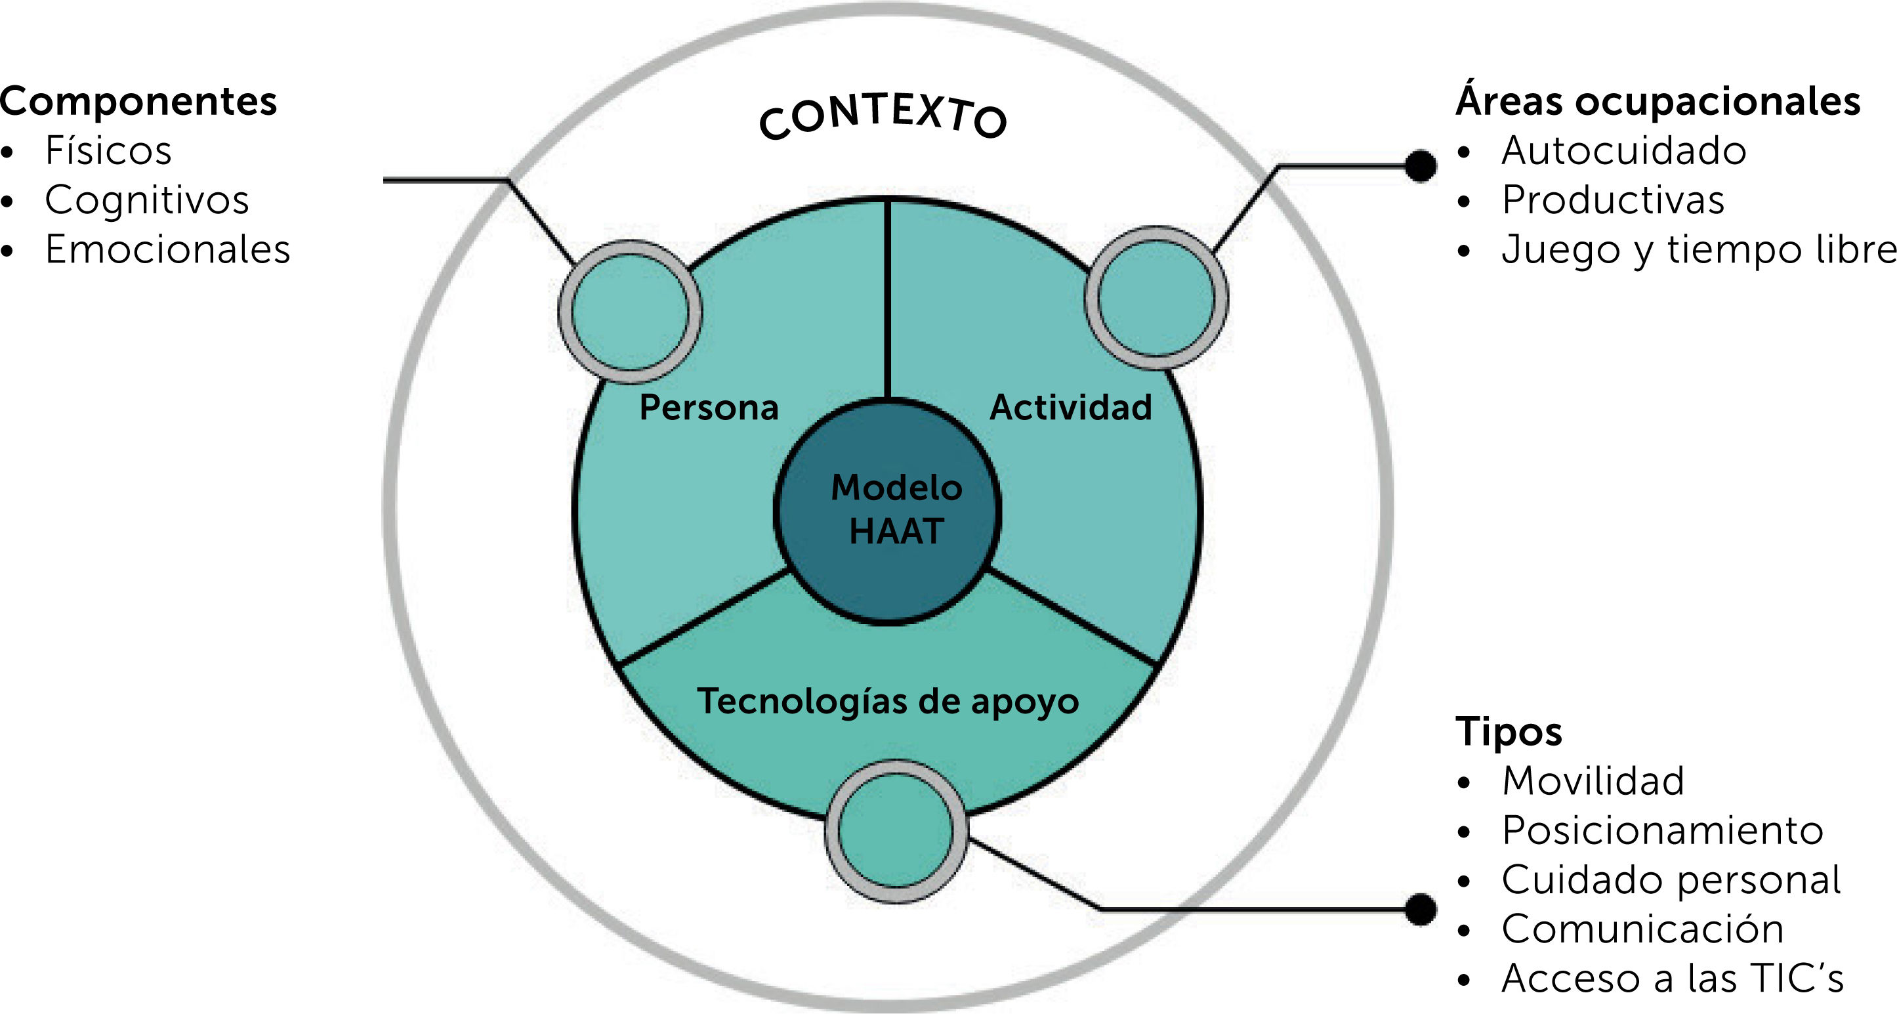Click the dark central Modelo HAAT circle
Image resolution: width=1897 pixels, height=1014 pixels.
click(887, 511)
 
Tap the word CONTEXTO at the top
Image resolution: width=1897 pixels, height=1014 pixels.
click(883, 118)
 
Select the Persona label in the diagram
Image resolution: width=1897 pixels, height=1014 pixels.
click(709, 407)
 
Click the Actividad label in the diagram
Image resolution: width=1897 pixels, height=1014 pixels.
click(1071, 407)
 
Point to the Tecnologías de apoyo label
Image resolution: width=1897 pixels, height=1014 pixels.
click(887, 701)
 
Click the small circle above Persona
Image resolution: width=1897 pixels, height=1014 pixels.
click(630, 312)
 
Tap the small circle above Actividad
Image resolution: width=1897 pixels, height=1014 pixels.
click(1156, 297)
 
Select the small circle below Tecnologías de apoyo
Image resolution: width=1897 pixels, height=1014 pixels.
click(896, 832)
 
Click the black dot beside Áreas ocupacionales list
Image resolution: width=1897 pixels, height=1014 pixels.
click(1421, 165)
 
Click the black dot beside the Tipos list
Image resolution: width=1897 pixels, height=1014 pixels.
click(1421, 909)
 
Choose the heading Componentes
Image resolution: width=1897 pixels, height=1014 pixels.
click(138, 101)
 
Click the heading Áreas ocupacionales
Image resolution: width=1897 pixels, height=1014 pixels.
click(1657, 101)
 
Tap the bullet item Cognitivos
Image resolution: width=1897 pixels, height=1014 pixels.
click(146, 200)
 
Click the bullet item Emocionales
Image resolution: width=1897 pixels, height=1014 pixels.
click(167, 249)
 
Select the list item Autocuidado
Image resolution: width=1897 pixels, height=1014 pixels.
click(1624, 150)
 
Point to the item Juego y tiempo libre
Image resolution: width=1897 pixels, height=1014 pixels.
click(1698, 249)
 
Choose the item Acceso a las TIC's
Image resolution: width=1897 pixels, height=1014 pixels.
click(1673, 978)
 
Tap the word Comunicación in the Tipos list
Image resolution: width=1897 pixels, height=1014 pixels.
click(1642, 929)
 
